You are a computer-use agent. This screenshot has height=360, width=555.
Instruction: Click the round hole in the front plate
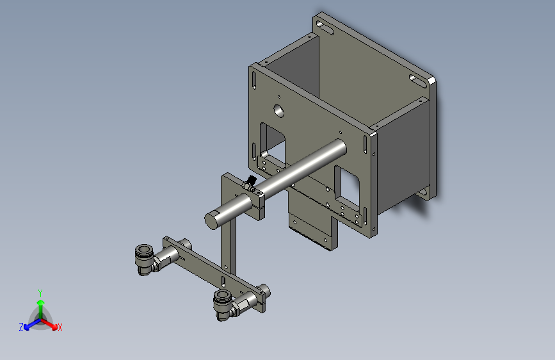[x=278, y=110]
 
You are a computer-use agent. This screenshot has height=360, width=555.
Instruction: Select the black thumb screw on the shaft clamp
[x=251, y=182]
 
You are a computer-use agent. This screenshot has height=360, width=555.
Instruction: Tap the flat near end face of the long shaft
[x=213, y=220]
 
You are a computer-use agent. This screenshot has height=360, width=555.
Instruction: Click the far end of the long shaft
[x=339, y=147]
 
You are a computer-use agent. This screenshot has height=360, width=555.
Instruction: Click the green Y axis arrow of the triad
[x=40, y=296]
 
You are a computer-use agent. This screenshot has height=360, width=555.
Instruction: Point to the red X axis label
[x=60, y=327]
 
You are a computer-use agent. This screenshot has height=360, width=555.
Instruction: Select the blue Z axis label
[x=21, y=327]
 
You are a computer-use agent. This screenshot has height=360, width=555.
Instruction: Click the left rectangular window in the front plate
[x=272, y=142]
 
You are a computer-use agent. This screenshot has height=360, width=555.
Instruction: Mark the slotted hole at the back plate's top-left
[x=325, y=27]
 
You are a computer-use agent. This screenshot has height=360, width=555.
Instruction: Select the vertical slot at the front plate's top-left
[x=256, y=81]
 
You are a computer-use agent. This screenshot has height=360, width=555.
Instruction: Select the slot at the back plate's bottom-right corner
[x=423, y=192]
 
